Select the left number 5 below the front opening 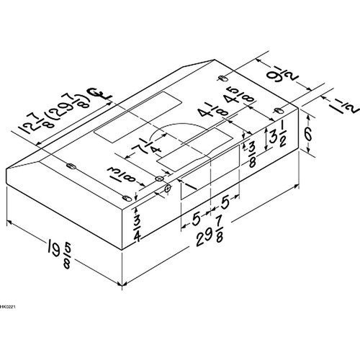pyautogui.click(x=197, y=215)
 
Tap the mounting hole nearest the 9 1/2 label pyautogui.click(x=223, y=76)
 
